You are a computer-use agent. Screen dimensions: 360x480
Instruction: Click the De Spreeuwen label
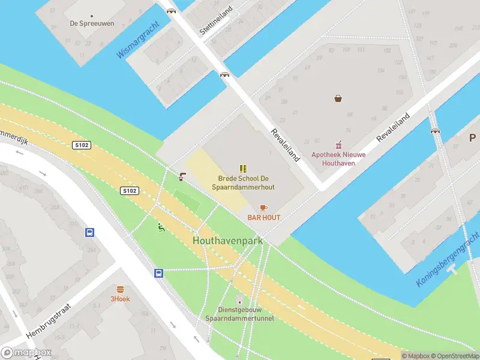tap(92, 23)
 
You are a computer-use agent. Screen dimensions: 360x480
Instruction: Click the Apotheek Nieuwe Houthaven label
tap(338, 158)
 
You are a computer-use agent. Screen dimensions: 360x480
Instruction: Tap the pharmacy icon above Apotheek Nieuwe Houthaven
tap(338, 145)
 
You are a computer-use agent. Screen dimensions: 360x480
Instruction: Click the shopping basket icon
tap(338, 98)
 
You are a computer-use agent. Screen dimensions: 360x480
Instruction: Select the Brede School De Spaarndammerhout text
tap(243, 183)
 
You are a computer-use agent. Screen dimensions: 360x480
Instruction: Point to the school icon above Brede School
tap(243, 169)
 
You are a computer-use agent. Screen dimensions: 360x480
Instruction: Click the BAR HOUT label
tap(263, 218)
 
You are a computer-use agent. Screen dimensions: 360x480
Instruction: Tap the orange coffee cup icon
tap(263, 208)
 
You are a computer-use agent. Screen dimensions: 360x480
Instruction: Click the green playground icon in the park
tap(160, 227)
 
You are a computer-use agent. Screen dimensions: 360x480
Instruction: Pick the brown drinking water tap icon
tap(182, 176)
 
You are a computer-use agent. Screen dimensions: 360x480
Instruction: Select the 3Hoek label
tap(120, 298)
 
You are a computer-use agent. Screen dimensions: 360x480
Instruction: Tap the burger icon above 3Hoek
tap(120, 289)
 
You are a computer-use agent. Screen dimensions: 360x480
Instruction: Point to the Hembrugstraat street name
tap(49, 320)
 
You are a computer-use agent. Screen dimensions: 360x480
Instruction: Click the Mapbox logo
tap(26, 353)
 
